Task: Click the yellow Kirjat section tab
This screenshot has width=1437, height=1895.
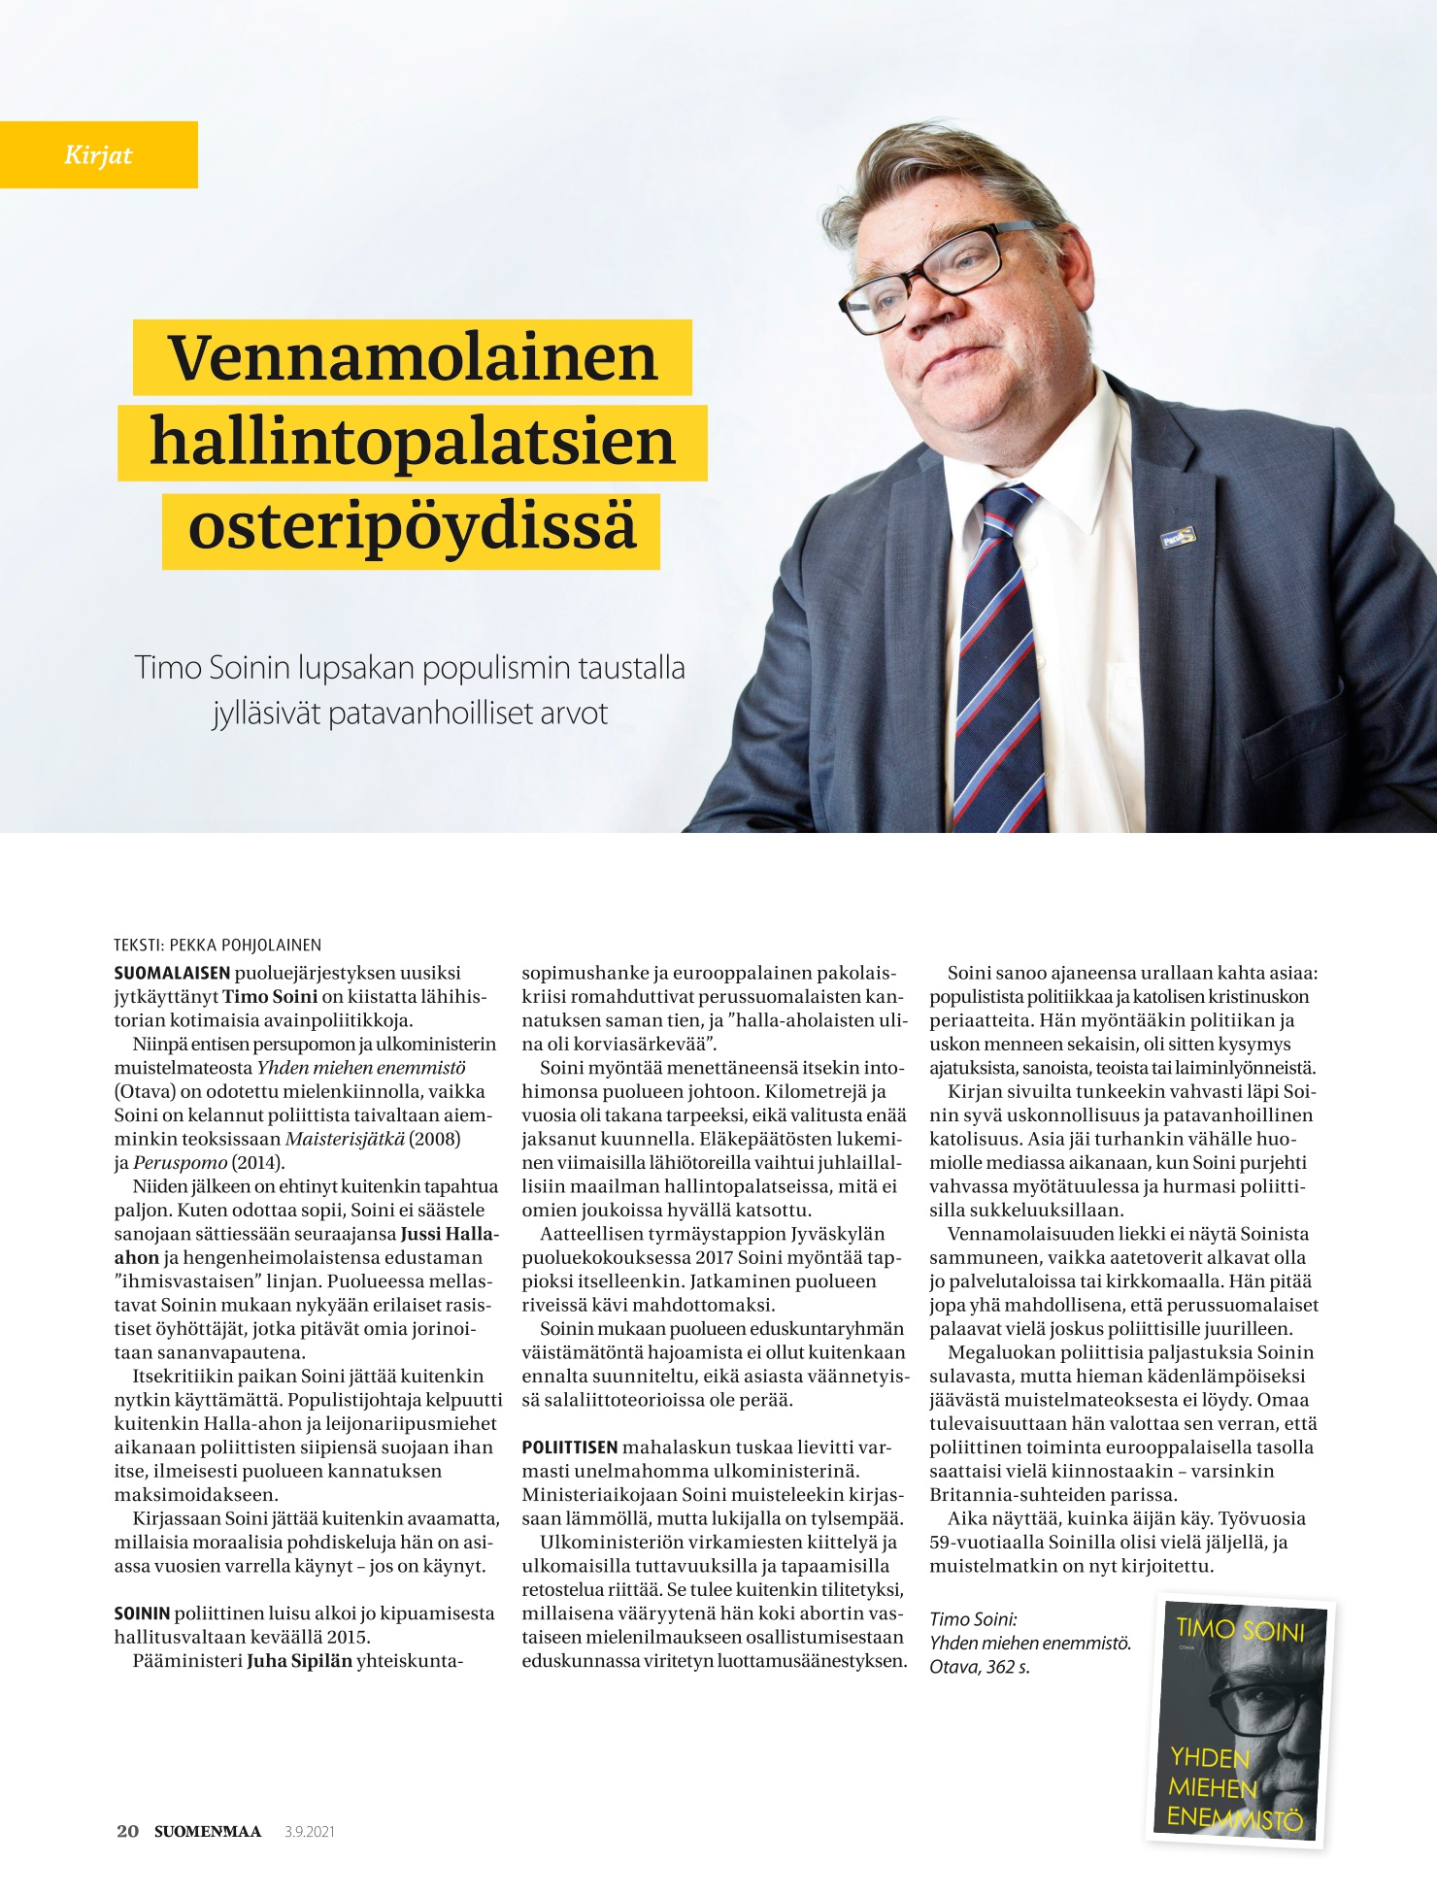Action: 98,154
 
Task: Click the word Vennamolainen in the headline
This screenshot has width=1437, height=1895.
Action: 413,357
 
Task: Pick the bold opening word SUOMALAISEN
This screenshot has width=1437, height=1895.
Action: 172,973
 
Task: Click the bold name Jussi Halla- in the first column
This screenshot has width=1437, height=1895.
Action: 450,1234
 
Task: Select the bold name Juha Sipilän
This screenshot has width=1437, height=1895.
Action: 299,1660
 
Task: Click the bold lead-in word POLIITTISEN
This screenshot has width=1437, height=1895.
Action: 569,1447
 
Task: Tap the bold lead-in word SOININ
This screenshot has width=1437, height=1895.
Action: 142,1613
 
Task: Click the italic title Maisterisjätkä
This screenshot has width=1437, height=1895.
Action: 345,1139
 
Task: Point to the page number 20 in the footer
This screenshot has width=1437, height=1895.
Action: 127,1831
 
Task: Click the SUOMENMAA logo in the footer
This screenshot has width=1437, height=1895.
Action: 208,1831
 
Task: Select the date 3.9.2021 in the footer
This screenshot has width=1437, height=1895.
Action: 310,1832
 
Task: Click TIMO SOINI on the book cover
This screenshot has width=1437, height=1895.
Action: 1240,1628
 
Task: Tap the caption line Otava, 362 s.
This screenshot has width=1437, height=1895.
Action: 980,1666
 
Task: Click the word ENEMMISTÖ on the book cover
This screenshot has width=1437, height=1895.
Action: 1234,1817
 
